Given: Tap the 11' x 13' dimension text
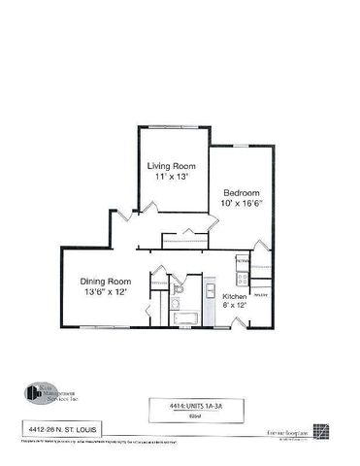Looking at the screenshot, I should click(x=171, y=178).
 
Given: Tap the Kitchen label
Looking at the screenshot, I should click(x=235, y=295).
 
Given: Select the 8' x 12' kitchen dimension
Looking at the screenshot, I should click(x=235, y=305).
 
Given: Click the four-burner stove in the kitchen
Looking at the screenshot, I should click(x=243, y=262).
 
